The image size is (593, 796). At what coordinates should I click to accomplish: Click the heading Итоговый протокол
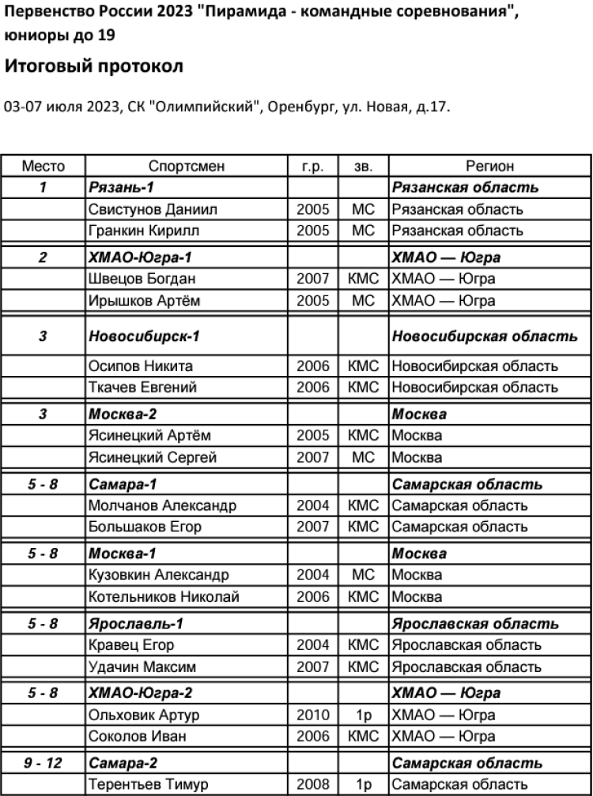click(x=94, y=67)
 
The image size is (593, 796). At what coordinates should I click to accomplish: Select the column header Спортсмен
click(x=187, y=167)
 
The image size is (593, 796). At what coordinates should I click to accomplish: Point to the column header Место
click(x=43, y=167)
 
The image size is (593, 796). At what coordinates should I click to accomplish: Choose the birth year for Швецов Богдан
click(x=313, y=279)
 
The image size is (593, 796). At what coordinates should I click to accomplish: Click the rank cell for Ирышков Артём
click(x=364, y=300)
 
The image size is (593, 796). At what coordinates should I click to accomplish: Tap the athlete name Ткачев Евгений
click(x=142, y=387)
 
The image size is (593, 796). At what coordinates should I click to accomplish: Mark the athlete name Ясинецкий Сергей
click(x=153, y=456)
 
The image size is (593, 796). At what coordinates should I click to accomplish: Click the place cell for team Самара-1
click(x=43, y=484)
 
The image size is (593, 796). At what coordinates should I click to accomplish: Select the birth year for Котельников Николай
click(x=313, y=596)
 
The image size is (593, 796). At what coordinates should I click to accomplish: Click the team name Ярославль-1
click(x=136, y=624)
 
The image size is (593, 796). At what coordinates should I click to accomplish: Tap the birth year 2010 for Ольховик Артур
click(x=313, y=715)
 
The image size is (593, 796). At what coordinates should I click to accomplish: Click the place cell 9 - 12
click(x=43, y=764)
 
